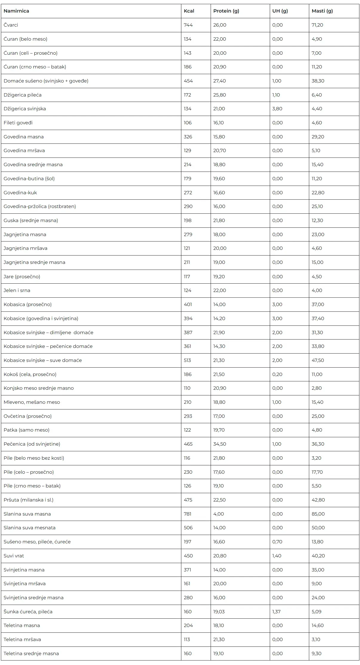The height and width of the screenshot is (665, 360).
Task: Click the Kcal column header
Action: pos(189,11)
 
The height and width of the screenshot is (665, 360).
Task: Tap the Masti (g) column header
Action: pos(322,11)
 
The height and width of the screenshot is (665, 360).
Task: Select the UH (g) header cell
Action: pos(280,11)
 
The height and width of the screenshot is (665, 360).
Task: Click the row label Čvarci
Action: pos(11,25)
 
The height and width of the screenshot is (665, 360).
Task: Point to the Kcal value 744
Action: pos(188,25)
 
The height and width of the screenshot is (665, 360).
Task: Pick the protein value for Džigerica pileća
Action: pos(220,95)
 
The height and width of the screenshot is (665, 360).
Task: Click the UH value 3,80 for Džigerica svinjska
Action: pos(277,109)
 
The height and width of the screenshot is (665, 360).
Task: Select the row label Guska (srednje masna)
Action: pos(31,221)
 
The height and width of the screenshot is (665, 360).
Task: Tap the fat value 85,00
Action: pos(318,514)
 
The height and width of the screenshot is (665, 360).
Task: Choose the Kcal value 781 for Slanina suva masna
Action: pos(188,514)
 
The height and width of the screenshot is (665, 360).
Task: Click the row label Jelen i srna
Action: pos(17,291)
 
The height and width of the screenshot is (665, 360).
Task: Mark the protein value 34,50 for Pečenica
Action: pos(220,444)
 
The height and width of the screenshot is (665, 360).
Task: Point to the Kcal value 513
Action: pos(187,360)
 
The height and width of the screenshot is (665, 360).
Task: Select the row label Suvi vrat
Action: pos(14,556)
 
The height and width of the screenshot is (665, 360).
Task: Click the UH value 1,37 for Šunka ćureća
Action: pos(276,612)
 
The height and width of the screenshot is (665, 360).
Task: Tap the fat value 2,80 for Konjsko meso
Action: pos(317,388)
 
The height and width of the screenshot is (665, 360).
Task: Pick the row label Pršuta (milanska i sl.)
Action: pos(28,500)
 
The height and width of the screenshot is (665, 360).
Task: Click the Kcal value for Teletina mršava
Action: pos(187,640)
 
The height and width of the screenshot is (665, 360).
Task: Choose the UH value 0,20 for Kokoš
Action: pos(277,374)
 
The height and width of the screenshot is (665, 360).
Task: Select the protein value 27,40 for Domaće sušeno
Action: pos(220,81)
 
